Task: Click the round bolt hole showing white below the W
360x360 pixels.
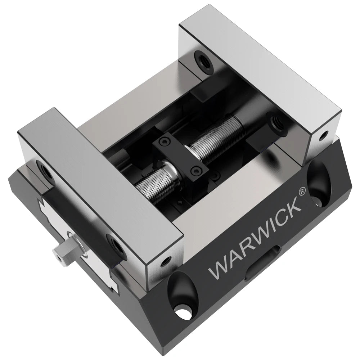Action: (183, 308)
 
